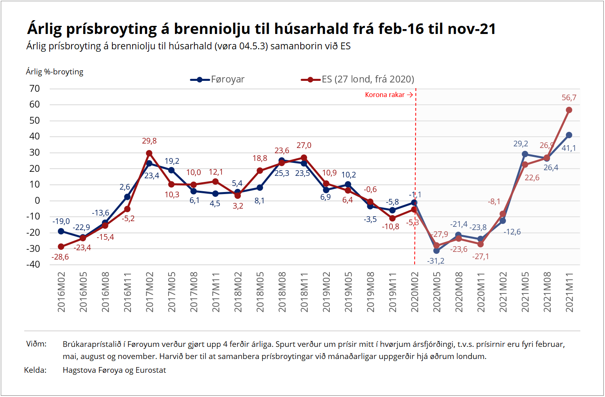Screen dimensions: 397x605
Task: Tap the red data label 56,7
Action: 569,98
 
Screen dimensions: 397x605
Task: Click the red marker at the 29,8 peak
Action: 149,153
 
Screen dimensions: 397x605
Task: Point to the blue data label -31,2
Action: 436,261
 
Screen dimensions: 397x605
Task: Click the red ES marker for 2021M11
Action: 569,110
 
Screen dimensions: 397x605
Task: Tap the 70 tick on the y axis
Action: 35,89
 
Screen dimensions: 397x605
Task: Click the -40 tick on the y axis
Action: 33,264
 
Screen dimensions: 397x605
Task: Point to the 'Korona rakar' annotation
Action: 385,95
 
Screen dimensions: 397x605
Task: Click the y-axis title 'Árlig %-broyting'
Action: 55,72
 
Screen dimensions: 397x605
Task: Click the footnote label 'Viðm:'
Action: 36,344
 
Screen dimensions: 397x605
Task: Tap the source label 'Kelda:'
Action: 35,370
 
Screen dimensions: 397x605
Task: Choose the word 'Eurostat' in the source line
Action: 151,370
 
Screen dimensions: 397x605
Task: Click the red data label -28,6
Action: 60,257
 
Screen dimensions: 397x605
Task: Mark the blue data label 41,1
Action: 569,148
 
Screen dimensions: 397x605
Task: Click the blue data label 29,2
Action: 521,144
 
